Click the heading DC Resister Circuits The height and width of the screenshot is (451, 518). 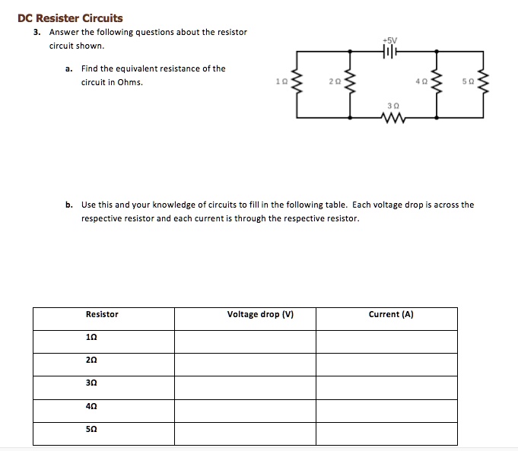coord(70,18)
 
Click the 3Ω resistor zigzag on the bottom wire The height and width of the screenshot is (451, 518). coord(393,118)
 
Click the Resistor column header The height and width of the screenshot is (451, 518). coord(102,314)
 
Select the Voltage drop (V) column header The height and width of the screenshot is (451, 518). coord(260,314)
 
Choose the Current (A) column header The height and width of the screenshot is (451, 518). coord(390,314)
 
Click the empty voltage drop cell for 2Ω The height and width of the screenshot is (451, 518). coord(245,361)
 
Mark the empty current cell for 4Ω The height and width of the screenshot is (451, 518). coord(386,408)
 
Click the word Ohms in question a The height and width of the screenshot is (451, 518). coord(130,83)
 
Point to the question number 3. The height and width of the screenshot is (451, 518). coord(36,33)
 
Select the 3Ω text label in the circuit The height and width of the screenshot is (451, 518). coord(392,106)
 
